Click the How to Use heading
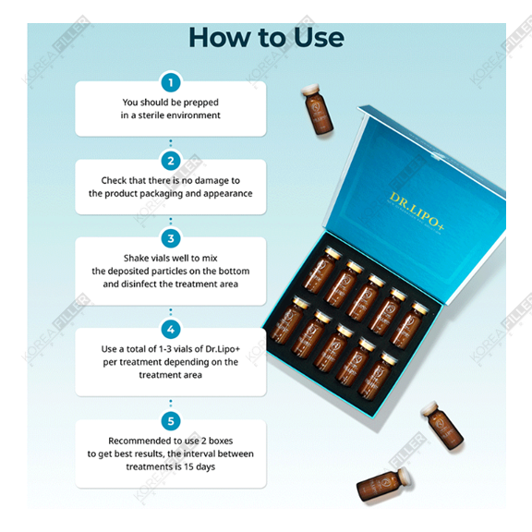pyautogui.click(x=266, y=37)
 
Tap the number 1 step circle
pyautogui.click(x=171, y=82)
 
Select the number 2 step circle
pyautogui.click(x=171, y=161)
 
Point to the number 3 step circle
pyautogui.click(x=171, y=238)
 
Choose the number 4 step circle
pyautogui.click(x=171, y=330)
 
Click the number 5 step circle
pyautogui.click(x=171, y=421)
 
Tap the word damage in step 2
pyautogui.click(x=212, y=181)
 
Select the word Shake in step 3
pyautogui.click(x=136, y=259)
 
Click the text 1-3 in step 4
pyautogui.click(x=177, y=349)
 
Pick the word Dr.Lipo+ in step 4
pyautogui.click(x=223, y=349)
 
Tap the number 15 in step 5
pyautogui.click(x=188, y=466)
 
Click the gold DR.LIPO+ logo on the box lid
pyautogui.click(x=417, y=212)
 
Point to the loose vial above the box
pyautogui.click(x=317, y=109)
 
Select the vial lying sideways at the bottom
pyautogui.click(x=383, y=485)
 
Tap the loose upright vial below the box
pyautogui.click(x=441, y=426)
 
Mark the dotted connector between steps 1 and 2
pyautogui.click(x=171, y=143)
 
